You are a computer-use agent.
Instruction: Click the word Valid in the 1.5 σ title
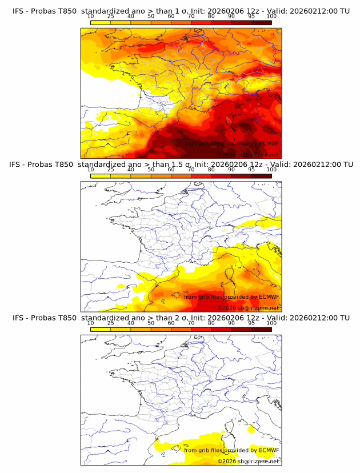280,165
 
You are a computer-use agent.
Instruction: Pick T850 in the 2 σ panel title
66,318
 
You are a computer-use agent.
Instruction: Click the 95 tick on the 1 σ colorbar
251,17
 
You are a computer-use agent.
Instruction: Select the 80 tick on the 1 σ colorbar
211,17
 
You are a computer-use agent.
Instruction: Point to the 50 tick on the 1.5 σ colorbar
151,170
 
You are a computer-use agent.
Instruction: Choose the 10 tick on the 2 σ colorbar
91,323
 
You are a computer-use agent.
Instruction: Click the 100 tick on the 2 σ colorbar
271,323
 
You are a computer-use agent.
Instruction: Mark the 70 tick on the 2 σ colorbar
191,323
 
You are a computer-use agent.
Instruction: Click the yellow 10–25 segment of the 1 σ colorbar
101,22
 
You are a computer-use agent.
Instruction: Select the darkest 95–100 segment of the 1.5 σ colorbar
261,175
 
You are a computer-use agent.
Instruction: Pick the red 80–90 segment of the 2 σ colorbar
221,328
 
